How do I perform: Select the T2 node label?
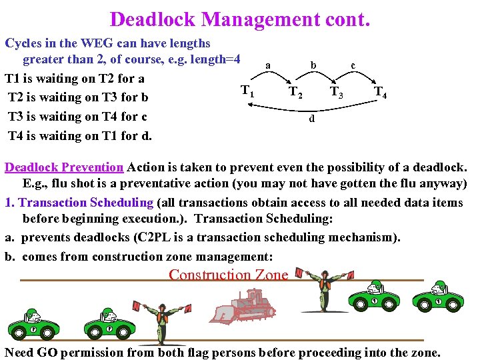coord(295,93)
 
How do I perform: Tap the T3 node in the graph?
coord(337,93)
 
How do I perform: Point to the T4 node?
coord(381,93)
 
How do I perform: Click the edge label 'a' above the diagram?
coord(268,65)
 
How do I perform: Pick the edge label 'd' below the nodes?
coord(311,119)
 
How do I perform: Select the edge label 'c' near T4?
coord(353,65)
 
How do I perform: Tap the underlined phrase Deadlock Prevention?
coord(64,167)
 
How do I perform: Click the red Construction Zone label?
coord(229,275)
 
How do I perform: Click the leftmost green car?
coord(33,325)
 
